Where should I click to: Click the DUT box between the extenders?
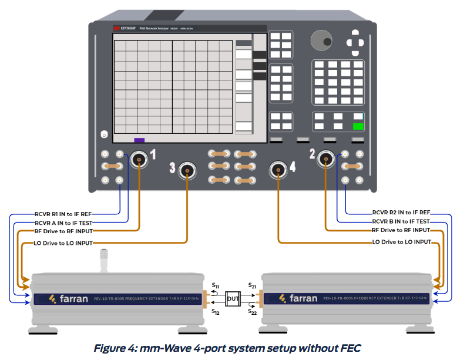point(233,298)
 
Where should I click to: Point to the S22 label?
point(253,312)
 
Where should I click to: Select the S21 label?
point(253,284)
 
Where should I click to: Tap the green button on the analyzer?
point(357,126)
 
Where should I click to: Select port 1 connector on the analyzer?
point(139,158)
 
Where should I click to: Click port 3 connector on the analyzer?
point(187,171)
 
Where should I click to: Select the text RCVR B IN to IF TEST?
point(401,221)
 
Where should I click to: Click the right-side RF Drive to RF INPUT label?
point(401,231)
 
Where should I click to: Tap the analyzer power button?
point(104,135)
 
